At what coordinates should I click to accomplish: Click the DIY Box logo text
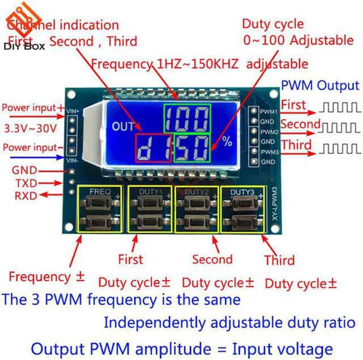(24, 46)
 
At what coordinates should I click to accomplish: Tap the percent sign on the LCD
(227, 142)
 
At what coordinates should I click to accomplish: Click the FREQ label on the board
(96, 191)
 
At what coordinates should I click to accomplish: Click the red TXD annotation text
(26, 183)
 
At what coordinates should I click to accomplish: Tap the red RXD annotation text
(26, 196)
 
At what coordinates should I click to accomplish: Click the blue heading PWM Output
(320, 86)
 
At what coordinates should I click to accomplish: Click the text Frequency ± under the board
(47, 277)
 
